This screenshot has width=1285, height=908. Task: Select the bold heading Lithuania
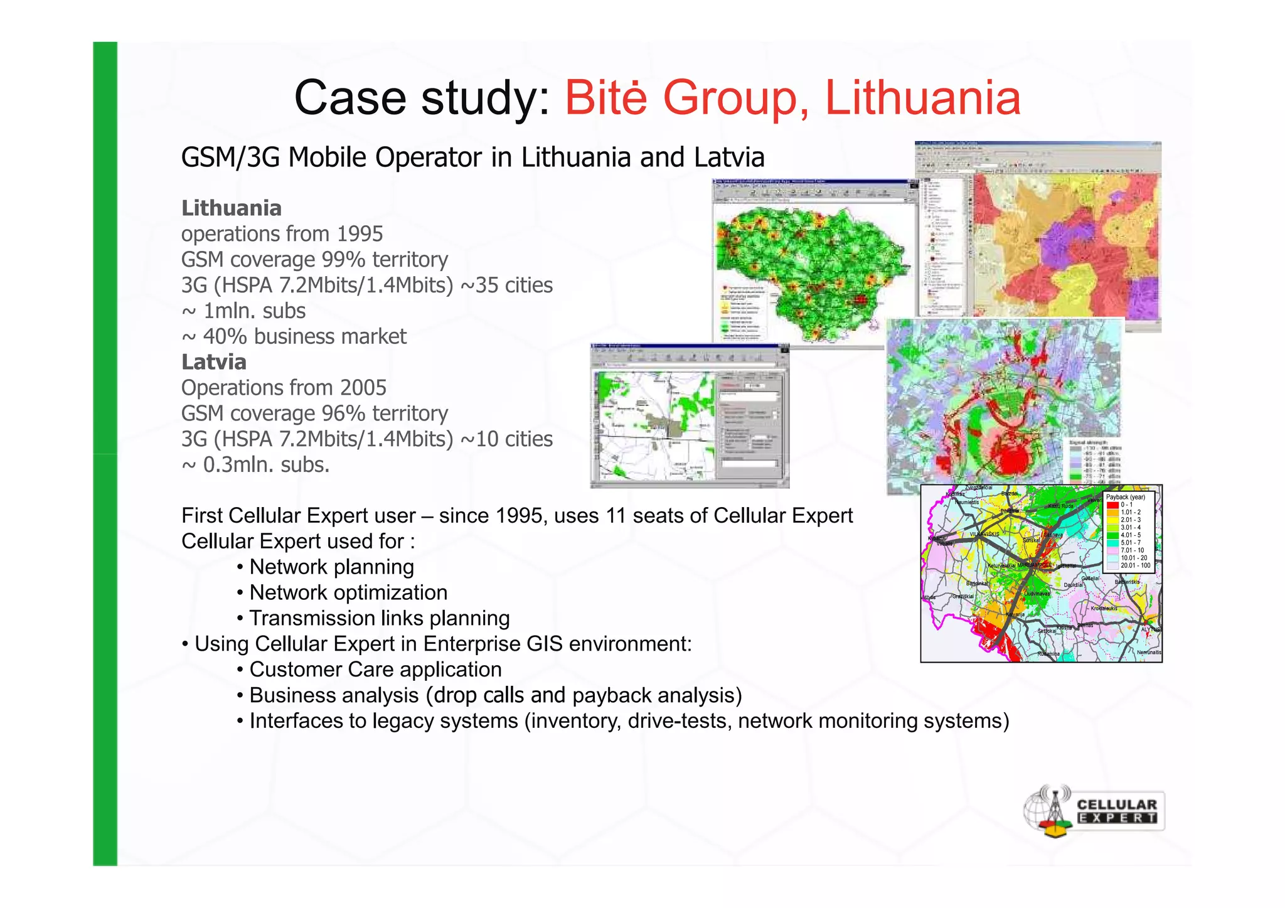pos(232,208)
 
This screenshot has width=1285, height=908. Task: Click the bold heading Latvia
pos(213,362)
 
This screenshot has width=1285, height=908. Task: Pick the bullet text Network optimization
pos(348,592)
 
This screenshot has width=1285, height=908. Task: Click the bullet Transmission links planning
pos(379,618)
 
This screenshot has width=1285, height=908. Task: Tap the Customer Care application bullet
pos(375,670)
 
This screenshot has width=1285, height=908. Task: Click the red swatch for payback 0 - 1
pos(1112,505)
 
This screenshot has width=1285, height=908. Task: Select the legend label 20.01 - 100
pos(1135,565)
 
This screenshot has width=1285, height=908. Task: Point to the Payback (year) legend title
pos(1125,497)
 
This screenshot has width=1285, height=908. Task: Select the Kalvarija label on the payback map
pos(1015,614)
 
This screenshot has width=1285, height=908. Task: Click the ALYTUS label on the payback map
pos(1150,629)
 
